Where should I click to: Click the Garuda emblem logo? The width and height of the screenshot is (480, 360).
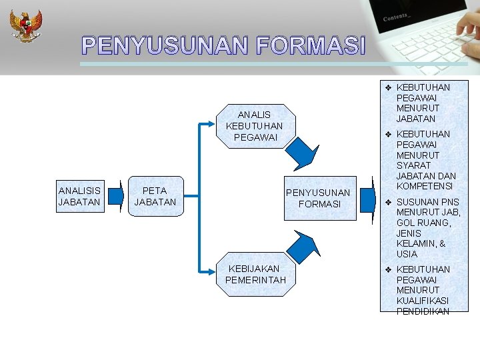coord(25,25)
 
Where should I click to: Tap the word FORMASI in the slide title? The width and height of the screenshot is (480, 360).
coord(311,46)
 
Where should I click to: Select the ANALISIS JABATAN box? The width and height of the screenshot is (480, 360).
coord(79,196)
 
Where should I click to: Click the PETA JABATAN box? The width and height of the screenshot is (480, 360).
coord(155,196)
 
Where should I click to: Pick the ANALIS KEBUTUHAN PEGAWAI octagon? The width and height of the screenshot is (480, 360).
coord(254,125)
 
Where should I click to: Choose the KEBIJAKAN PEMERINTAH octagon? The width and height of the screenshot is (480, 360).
coord(255,274)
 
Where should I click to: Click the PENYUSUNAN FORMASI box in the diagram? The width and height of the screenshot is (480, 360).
coord(319,198)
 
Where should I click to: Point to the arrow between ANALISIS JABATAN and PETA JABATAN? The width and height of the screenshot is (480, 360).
coord(116,196)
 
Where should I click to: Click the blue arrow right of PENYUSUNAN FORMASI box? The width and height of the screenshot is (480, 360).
coord(367,198)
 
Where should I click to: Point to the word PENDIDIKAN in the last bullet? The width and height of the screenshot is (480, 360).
coord(423,311)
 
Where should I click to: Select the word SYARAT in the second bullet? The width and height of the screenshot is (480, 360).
coord(413,165)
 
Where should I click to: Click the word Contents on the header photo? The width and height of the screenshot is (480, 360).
coord(397,17)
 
